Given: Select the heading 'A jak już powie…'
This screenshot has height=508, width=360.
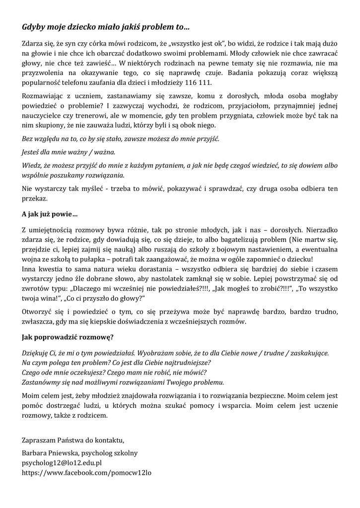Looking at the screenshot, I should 50,215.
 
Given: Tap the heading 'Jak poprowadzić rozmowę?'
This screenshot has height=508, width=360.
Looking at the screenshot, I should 68,338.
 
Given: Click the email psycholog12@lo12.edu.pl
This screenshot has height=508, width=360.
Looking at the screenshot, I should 62,463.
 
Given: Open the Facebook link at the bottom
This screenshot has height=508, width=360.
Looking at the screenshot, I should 86,473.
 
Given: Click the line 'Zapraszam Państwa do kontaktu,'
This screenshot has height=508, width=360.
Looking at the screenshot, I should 73,440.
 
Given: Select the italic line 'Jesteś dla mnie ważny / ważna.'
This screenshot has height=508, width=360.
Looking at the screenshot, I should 69,152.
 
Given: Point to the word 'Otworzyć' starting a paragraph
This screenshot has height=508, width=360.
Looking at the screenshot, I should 38,312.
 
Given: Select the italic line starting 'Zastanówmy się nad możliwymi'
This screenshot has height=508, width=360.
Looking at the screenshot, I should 123,382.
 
